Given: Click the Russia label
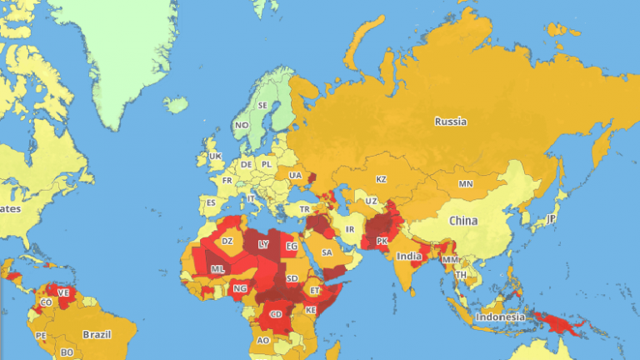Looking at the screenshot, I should (x=450, y=122).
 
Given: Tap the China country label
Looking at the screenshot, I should (x=463, y=221).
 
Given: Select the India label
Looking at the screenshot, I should (x=407, y=256).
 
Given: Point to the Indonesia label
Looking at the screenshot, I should (x=500, y=317).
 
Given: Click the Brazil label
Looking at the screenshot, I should (x=97, y=334).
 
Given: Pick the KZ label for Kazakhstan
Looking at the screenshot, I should (x=381, y=179).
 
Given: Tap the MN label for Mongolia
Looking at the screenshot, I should (x=465, y=183).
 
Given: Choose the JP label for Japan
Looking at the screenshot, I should (x=551, y=218).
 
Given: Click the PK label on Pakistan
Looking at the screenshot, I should (x=382, y=241).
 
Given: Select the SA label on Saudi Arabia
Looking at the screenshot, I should (x=327, y=252).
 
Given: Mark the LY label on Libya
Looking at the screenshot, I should (x=263, y=244).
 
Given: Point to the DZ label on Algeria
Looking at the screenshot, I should (x=227, y=241).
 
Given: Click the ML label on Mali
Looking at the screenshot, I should (x=217, y=269).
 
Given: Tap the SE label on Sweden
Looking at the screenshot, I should (x=262, y=106).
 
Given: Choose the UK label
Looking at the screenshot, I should (x=215, y=156).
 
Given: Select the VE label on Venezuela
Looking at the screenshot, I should (x=63, y=292).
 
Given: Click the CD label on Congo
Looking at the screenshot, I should (x=276, y=314).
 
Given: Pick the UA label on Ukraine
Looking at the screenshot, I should (x=295, y=175).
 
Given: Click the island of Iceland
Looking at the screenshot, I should (x=176, y=105).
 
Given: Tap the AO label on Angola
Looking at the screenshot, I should (x=263, y=340).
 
